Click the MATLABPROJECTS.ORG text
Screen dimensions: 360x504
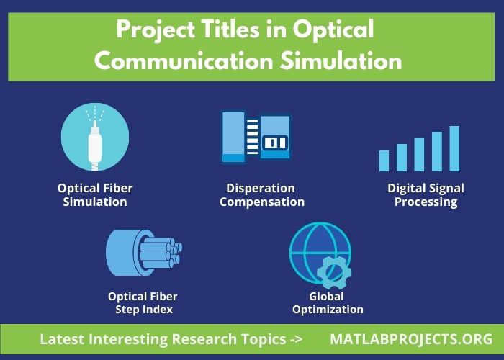(411, 339)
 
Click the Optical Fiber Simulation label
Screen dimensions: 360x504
(95, 194)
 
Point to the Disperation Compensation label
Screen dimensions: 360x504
(261, 194)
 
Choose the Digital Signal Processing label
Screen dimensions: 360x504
(426, 194)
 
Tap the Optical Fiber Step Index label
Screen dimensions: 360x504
(143, 303)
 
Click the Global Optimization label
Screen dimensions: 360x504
(326, 303)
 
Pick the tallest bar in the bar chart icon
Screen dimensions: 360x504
(454, 148)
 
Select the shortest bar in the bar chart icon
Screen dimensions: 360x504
(384, 160)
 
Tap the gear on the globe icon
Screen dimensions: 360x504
(332, 271)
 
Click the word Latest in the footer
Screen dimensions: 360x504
(63, 339)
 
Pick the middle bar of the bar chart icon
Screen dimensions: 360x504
(419, 154)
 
